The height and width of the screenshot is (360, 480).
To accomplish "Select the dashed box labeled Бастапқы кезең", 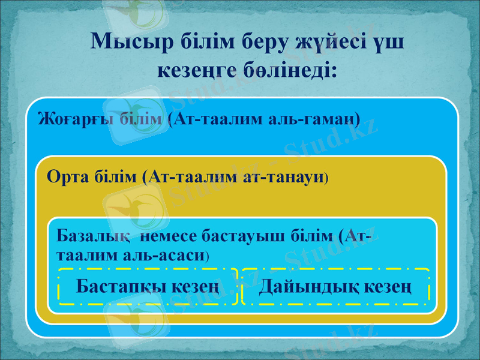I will click(148, 287).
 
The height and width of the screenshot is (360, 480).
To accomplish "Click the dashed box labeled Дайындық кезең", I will click(335, 287).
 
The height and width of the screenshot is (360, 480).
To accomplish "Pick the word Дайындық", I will click(305, 287).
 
